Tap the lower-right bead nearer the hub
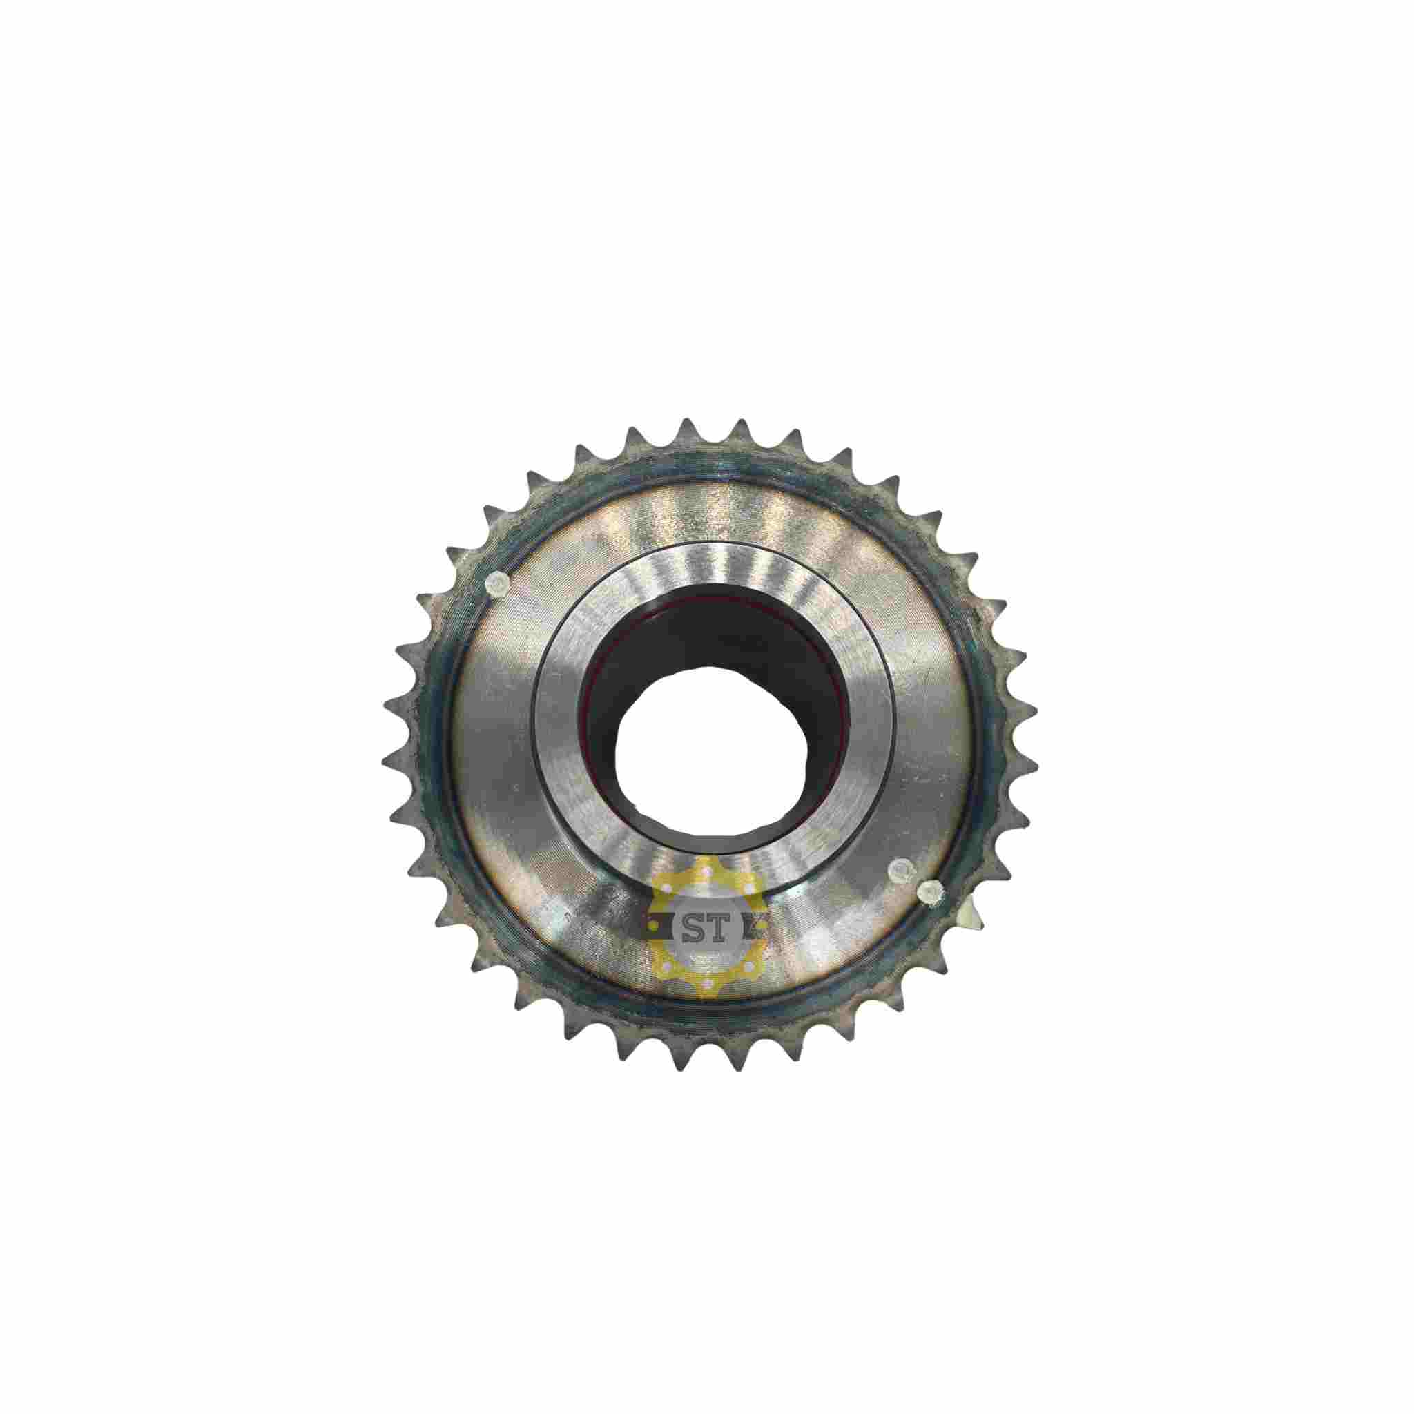898,869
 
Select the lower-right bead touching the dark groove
930,891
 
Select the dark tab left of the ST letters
663,929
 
